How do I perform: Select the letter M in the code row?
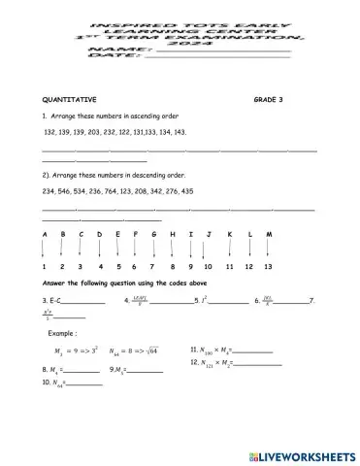point(268,234)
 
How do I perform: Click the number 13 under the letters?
point(268,266)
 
